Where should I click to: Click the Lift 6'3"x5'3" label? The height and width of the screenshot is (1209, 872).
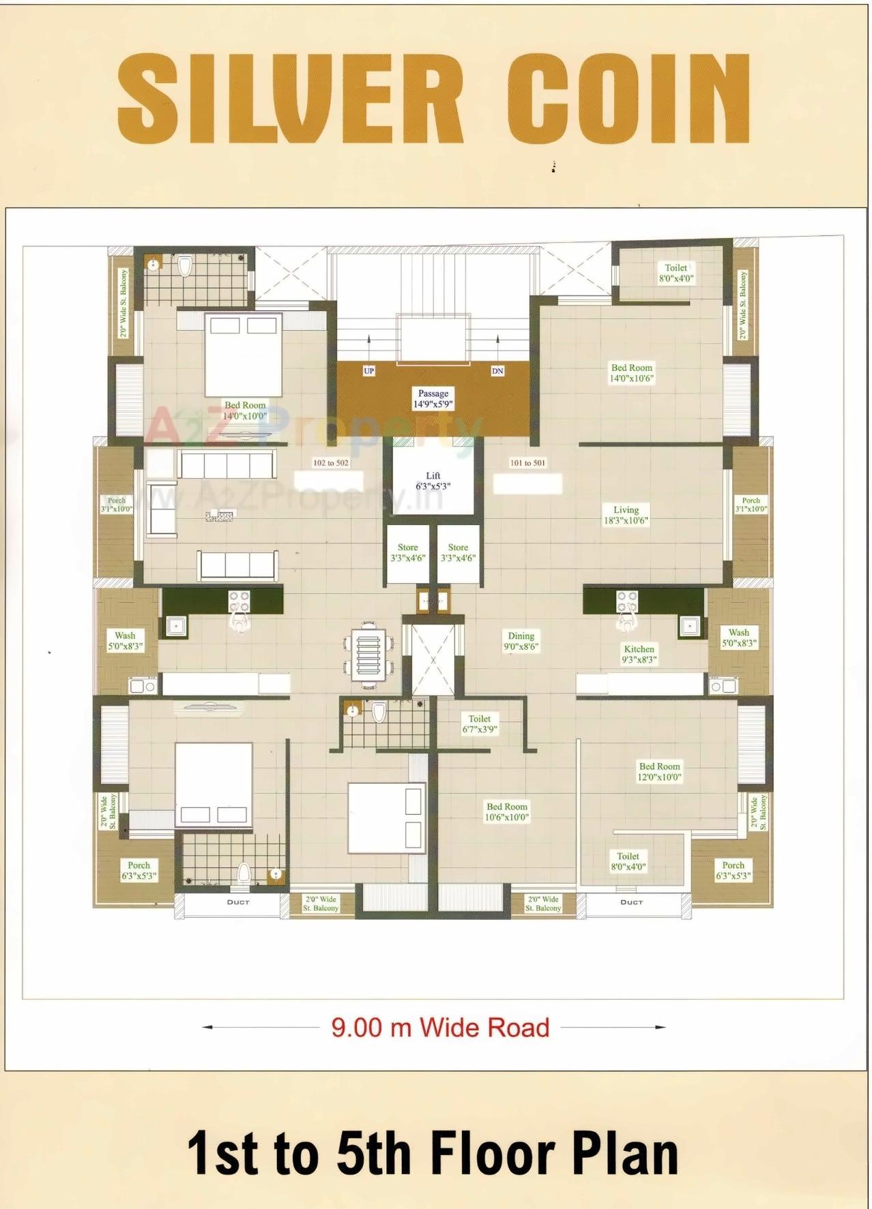pyautogui.click(x=433, y=481)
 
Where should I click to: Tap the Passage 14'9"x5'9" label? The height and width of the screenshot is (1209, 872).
pyautogui.click(x=433, y=398)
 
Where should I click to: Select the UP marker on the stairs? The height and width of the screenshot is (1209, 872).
pyautogui.click(x=369, y=371)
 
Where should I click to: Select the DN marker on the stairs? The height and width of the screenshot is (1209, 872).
pyautogui.click(x=497, y=371)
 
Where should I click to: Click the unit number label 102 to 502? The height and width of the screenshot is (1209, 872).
pyautogui.click(x=330, y=463)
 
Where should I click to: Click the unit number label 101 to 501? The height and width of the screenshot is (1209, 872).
pyautogui.click(x=527, y=463)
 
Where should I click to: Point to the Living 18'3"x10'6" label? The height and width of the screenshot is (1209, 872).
pyautogui.click(x=626, y=515)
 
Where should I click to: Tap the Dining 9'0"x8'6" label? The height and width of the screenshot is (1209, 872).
pyautogui.click(x=521, y=641)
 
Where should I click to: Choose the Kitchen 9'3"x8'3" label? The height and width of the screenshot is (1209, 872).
pyautogui.click(x=639, y=654)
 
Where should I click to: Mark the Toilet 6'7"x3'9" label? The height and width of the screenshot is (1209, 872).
pyautogui.click(x=479, y=723)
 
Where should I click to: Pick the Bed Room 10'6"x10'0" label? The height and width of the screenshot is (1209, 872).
pyautogui.click(x=507, y=811)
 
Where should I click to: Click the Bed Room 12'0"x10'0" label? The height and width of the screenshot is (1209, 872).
pyautogui.click(x=659, y=771)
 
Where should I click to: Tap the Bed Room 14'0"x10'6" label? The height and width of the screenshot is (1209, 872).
pyautogui.click(x=631, y=372)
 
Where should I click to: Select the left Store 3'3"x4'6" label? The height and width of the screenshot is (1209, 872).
pyautogui.click(x=407, y=552)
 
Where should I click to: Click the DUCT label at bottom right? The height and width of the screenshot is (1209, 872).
pyautogui.click(x=631, y=902)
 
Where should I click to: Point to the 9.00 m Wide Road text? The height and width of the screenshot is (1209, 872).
pyautogui.click(x=440, y=1028)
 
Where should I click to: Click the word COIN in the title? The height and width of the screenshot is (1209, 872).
pyautogui.click(x=628, y=100)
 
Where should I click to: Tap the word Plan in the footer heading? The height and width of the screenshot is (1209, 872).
pyautogui.click(x=625, y=1153)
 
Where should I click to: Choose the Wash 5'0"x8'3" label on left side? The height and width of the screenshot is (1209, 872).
pyautogui.click(x=125, y=640)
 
